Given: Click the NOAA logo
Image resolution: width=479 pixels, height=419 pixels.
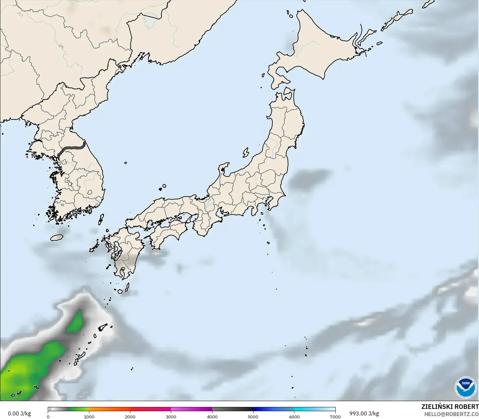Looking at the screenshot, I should pyautogui.click(x=466, y=387).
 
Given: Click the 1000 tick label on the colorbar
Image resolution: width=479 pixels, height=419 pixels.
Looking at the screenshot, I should pyautogui.click(x=89, y=417).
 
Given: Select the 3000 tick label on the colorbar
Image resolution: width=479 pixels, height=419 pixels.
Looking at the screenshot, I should pyautogui.click(x=171, y=417).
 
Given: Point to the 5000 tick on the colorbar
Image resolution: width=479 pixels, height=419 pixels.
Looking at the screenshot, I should pyautogui.click(x=253, y=417).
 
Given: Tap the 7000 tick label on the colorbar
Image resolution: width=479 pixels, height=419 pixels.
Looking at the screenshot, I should pyautogui.click(x=335, y=417).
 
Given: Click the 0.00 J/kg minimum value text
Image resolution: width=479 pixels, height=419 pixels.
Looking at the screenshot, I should pyautogui.click(x=19, y=413).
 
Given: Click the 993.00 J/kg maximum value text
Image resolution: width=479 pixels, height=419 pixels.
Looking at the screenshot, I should pyautogui.click(x=364, y=413).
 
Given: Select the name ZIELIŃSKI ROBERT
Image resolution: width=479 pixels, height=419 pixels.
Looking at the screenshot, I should pyautogui.click(x=450, y=407).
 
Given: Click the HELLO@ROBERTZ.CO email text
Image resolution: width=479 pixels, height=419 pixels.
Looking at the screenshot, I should pyautogui.click(x=451, y=414).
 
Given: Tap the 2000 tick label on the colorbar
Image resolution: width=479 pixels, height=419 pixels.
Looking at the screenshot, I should pyautogui.click(x=130, y=417).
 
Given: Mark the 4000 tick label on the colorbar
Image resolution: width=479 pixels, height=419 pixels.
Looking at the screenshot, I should pyautogui.click(x=212, y=417).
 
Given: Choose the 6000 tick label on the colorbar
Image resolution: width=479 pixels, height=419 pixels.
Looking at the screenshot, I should pyautogui.click(x=294, y=417).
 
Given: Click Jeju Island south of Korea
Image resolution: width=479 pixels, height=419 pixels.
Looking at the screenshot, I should pyautogui.click(x=57, y=238).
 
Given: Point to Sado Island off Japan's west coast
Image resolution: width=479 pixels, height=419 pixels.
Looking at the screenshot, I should pyautogui.click(x=246, y=152).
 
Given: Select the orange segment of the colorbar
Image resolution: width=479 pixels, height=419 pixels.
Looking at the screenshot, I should pyautogui.click(x=110, y=409).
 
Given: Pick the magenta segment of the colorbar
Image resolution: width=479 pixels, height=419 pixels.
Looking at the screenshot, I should pyautogui.click(x=192, y=409).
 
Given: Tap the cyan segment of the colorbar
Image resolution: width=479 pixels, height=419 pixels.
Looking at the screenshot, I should pyautogui.click(x=315, y=409).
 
